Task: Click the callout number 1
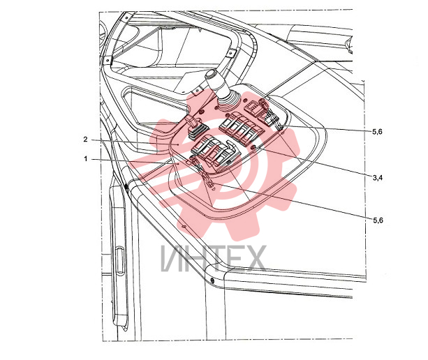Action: [86, 159]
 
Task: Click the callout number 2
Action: [86, 140]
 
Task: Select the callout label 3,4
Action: [378, 178]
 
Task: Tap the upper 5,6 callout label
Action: [378, 132]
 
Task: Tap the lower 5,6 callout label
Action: [378, 220]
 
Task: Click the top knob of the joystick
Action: [212, 74]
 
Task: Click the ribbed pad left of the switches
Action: [197, 131]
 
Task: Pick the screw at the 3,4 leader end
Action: [253, 148]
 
